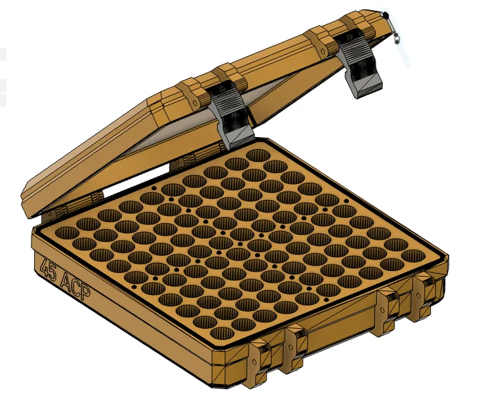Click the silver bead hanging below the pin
pyautogui.click(x=397, y=38)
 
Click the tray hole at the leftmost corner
pyautogui.click(x=66, y=232)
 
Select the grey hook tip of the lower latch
pyautogui.click(x=240, y=138)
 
